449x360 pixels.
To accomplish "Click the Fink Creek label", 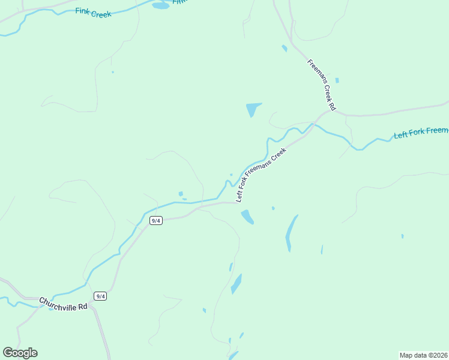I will [x=94, y=13].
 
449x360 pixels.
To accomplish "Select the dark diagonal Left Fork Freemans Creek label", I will [x=259, y=175].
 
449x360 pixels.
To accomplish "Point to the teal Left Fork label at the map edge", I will [x=421, y=132].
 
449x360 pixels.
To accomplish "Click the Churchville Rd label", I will [x=64, y=304].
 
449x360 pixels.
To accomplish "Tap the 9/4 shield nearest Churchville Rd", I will [x=100, y=296].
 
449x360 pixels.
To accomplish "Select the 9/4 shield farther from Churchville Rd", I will [x=155, y=220].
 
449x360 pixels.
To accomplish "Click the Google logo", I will [x=20, y=353].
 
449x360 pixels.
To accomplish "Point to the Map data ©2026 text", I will [x=424, y=355].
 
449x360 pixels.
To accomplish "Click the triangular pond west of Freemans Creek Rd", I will [x=253, y=109].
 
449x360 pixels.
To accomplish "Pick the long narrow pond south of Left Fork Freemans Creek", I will [x=291, y=233].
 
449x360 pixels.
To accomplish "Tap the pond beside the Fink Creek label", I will [x=160, y=5].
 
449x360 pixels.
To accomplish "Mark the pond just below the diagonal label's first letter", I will [x=247, y=217].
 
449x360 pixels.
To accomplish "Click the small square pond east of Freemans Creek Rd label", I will [x=337, y=80].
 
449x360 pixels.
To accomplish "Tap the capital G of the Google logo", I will [x=8, y=352].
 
